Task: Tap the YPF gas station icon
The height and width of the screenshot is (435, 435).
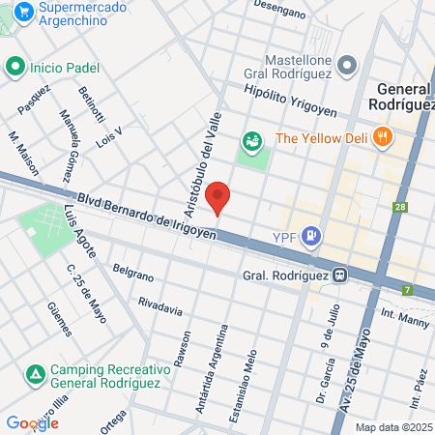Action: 311,235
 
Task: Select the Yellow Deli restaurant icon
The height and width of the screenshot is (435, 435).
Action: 383,137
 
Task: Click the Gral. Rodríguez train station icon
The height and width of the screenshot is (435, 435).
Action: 339,275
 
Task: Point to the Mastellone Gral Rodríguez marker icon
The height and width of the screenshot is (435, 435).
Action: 348,66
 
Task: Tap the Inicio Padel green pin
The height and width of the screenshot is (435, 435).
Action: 14,67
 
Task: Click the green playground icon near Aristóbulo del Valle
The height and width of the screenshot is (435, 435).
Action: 252,142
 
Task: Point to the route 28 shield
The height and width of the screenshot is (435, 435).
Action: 400,206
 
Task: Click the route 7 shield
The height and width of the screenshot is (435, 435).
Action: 407,290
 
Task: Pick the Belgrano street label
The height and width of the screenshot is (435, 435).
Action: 133,273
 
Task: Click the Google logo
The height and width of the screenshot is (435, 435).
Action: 32,422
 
